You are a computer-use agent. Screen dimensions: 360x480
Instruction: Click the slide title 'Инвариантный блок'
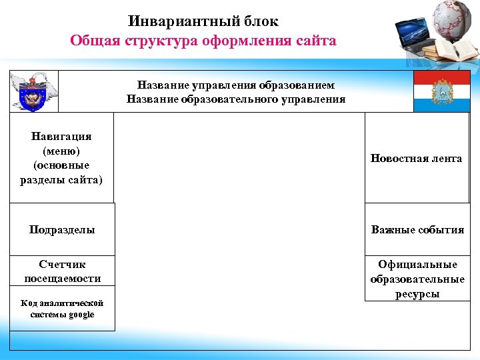coord(203,21)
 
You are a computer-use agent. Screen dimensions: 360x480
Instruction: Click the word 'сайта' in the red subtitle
coord(313,41)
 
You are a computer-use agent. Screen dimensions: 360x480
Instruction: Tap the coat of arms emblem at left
coord(34,91)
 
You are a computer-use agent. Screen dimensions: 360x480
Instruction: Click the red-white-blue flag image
coord(441,91)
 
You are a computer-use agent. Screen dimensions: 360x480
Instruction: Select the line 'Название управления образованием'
coord(236,85)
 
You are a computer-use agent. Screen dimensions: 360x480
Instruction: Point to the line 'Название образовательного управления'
coord(236,99)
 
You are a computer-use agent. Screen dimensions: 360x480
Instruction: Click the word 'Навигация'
coord(61,136)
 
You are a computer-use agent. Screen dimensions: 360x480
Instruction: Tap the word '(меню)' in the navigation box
coord(61,151)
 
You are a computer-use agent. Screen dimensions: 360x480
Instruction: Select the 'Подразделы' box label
coord(62,230)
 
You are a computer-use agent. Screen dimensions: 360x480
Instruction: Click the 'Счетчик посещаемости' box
coord(62,271)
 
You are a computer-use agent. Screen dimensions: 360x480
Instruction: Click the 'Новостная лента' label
coord(417,158)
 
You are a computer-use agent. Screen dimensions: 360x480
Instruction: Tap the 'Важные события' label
coord(417,230)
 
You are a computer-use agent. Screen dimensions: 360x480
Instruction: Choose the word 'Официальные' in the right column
coord(417,265)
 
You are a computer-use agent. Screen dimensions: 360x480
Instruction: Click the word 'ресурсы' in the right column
coord(417,294)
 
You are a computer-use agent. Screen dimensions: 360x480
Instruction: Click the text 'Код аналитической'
coord(62,303)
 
